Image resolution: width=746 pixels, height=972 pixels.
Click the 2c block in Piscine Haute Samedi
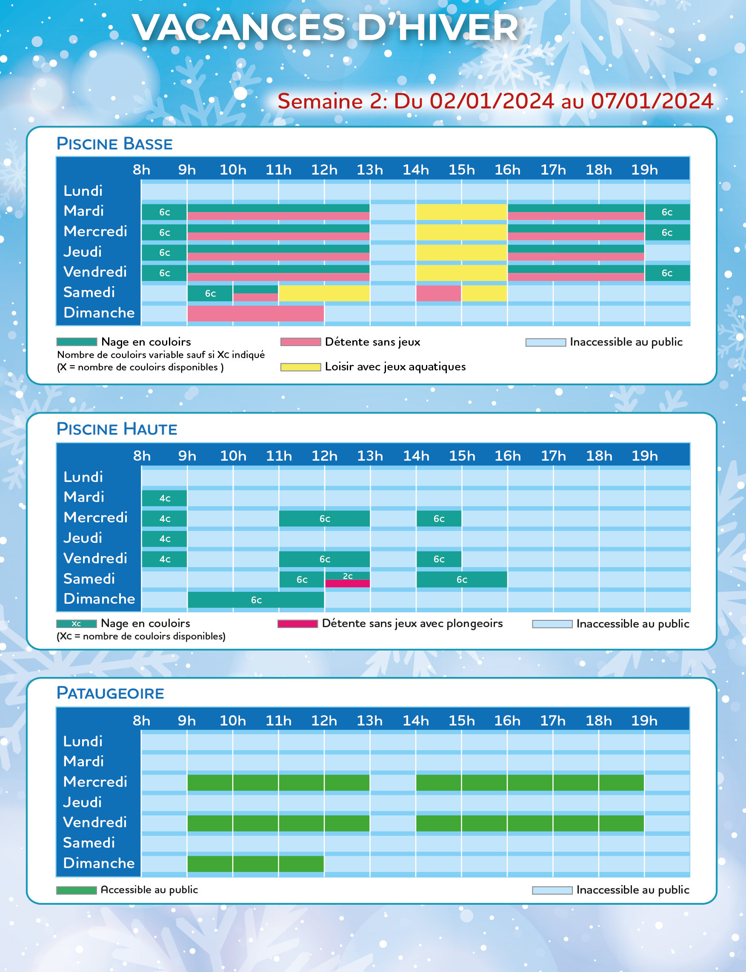347,576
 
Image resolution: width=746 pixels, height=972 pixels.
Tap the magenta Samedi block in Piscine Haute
347,584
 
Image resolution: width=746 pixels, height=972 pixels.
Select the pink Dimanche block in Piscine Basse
255,313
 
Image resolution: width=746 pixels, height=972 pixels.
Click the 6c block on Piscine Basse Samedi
210,293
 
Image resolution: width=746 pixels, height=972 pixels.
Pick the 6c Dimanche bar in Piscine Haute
256,600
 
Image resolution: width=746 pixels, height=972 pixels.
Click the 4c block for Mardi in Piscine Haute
164,498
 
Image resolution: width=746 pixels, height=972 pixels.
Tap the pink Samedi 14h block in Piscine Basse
438,293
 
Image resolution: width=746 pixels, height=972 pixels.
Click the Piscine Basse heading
114,144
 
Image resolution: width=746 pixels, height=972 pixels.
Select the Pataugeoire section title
110,693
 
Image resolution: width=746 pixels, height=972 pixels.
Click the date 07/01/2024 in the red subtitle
652,101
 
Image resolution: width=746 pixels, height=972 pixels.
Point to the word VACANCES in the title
238,28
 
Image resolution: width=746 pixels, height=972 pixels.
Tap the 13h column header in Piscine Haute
370,456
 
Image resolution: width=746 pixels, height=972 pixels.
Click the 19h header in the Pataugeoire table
644,720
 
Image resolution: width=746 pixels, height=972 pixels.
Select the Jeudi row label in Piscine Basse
83,252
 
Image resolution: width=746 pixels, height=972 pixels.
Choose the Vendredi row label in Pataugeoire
94,822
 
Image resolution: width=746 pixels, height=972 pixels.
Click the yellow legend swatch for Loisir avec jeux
300,367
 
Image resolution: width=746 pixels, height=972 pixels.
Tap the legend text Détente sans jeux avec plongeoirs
412,623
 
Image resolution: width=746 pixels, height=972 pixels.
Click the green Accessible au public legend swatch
76,890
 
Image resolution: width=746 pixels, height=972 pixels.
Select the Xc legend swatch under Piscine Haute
76,624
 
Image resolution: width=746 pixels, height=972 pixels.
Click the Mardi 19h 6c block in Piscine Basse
666,212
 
